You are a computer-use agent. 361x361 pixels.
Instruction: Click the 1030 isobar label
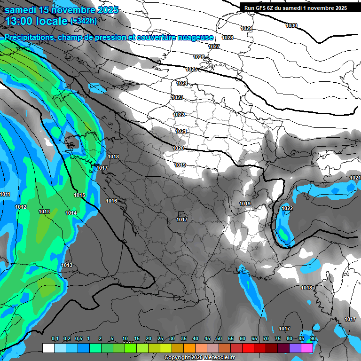point(291,25)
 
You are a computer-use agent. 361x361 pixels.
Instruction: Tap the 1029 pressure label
point(246,29)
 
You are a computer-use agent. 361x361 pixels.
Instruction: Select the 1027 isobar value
point(214,47)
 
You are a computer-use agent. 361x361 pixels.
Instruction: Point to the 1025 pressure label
point(191,69)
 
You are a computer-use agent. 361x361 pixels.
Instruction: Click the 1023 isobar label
point(177,97)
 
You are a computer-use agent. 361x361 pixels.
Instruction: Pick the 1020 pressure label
point(178,148)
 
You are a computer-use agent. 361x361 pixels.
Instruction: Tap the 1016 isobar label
point(111,201)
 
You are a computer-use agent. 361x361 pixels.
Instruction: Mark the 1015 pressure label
point(79,195)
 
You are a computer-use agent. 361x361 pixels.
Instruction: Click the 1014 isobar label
point(71,213)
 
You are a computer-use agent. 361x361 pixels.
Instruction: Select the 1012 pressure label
point(21,207)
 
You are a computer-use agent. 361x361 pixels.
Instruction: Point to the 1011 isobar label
point(5,194)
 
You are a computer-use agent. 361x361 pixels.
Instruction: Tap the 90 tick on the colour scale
point(313,339)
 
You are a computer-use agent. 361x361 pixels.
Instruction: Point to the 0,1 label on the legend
point(55,339)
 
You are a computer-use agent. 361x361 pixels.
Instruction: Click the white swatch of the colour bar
point(48,348)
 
